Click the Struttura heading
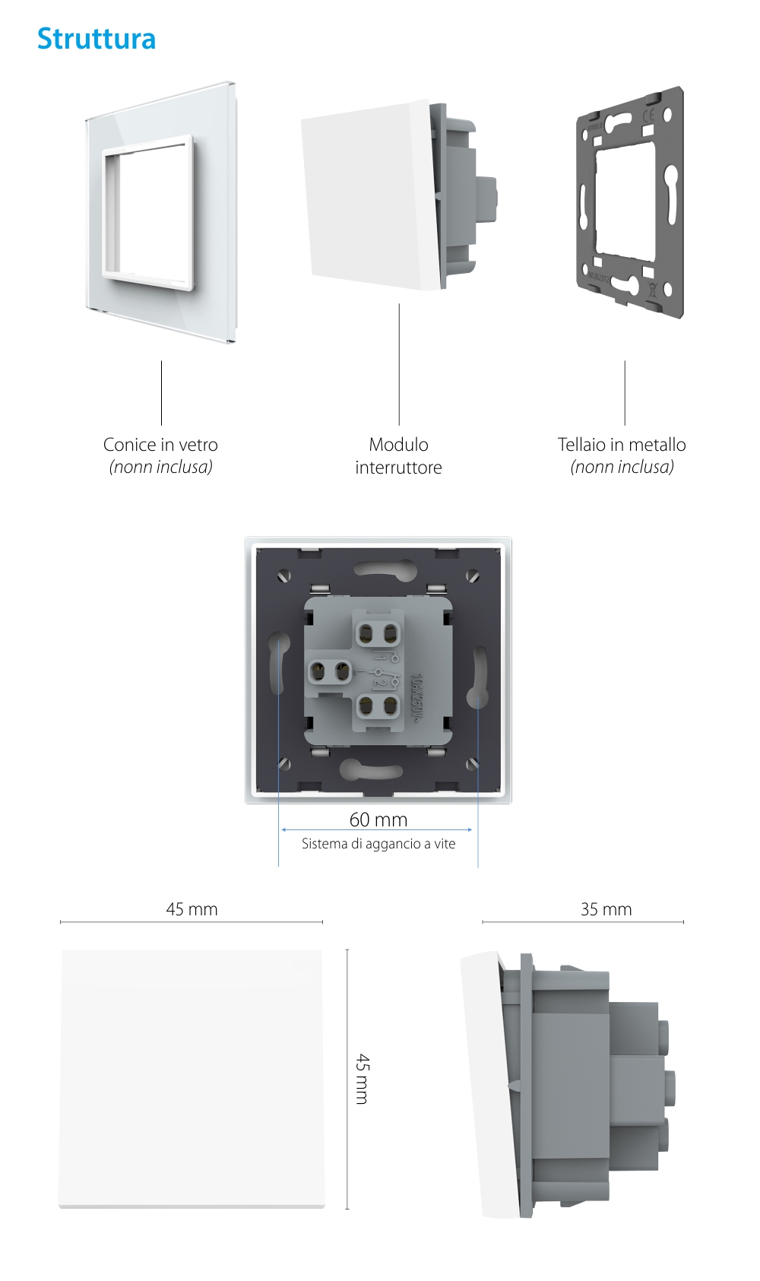click(x=97, y=39)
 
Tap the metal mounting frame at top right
click(x=630, y=204)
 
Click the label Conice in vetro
click(x=160, y=445)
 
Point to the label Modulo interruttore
click(x=398, y=456)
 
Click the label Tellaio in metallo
click(x=622, y=445)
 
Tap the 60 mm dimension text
click(x=378, y=820)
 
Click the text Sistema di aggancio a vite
click(x=378, y=844)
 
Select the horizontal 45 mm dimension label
click(x=192, y=909)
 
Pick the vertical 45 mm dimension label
click(x=363, y=1078)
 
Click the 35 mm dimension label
click(x=606, y=909)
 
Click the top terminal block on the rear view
click(x=378, y=633)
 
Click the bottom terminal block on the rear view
click(x=378, y=706)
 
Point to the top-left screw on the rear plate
click(x=285, y=576)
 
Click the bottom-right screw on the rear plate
click(x=472, y=763)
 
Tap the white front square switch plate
click(x=192, y=1078)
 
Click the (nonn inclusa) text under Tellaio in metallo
click(x=622, y=468)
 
